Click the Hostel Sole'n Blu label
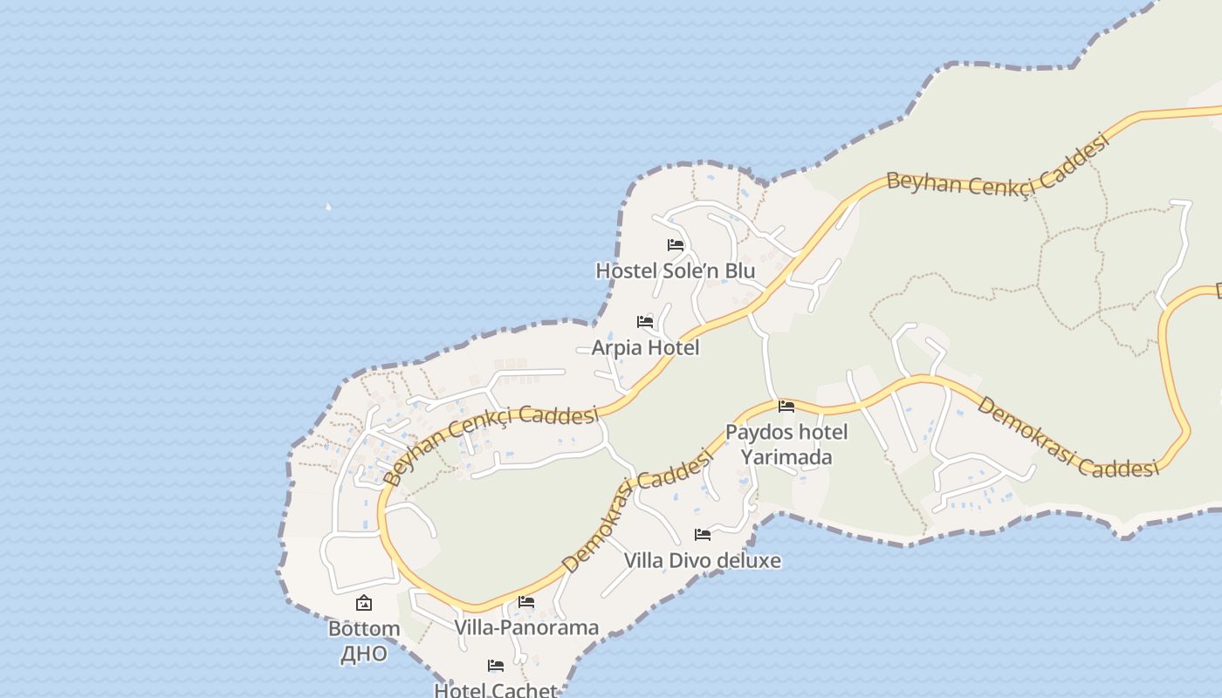coord(675,271)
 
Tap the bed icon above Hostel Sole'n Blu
coord(675,245)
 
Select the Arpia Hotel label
coord(645,348)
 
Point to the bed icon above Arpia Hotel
coord(645,322)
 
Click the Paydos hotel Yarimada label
coord(786,444)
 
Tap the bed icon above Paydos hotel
coord(786,406)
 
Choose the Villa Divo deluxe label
coord(703,560)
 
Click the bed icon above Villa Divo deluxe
coord(703,534)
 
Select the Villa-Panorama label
coord(526,627)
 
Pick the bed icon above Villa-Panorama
coord(526,601)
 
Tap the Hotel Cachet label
coord(495,690)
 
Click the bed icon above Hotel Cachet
coord(496,666)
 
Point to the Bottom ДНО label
coord(364,640)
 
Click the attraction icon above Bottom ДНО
coord(364,603)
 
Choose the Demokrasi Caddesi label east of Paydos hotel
coord(1067,438)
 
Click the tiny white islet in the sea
coord(328,207)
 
